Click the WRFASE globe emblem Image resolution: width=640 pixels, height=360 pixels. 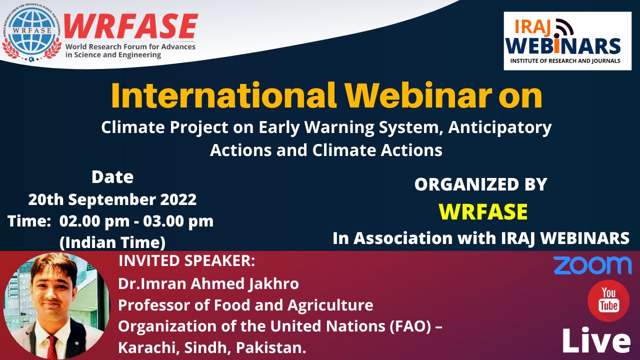click(x=32, y=32)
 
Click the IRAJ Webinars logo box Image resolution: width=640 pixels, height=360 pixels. click(x=567, y=41)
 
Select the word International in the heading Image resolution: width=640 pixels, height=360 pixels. click(x=223, y=95)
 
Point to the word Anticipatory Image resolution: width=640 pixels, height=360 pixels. click(x=500, y=127)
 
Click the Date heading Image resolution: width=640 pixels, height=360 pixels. click(x=112, y=177)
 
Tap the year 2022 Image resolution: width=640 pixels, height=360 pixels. click(x=178, y=199)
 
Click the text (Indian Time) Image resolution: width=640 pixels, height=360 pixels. click(x=112, y=243)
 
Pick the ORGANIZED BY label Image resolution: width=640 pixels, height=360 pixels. click(x=480, y=184)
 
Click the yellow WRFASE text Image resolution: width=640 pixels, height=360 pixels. click(x=483, y=211)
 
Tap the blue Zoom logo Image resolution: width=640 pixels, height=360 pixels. click(x=592, y=265)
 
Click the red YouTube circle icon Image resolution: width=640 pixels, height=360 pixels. click(x=608, y=301)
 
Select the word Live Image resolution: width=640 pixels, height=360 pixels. click(x=596, y=341)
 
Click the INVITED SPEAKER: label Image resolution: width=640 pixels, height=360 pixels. click(x=187, y=261)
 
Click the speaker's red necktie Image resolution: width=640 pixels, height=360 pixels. click(x=52, y=347)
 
